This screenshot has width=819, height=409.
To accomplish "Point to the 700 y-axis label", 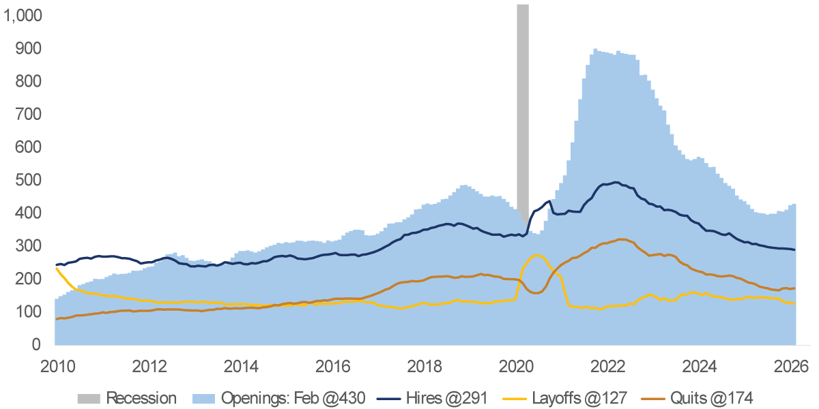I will click(29, 115).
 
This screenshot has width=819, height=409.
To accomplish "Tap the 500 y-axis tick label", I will click(29, 181).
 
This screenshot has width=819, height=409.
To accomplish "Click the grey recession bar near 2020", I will click(523, 102).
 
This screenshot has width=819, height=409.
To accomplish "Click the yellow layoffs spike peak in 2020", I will click(537, 256).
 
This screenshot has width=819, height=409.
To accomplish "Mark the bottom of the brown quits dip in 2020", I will click(536, 293).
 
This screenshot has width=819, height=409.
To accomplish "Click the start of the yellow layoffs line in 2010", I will click(56, 269).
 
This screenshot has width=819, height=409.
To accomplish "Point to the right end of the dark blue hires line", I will click(794, 249).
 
